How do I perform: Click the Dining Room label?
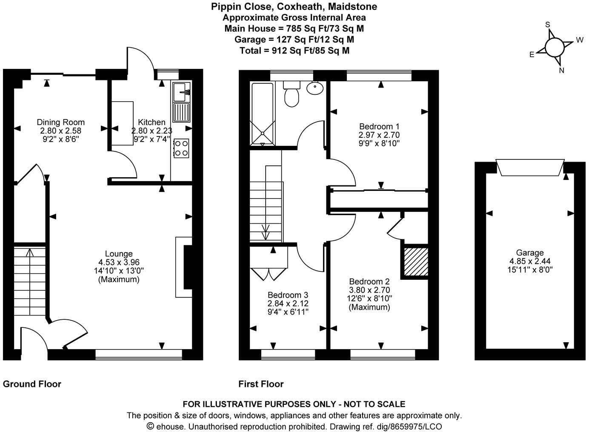point(60,122)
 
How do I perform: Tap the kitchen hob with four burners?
point(181,148)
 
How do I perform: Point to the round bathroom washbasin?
point(315,88)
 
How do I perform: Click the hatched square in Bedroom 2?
point(415,262)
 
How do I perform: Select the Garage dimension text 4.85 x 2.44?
point(530,261)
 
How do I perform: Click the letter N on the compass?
point(561,71)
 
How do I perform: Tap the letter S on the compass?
point(548,25)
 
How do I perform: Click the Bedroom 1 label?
point(379,126)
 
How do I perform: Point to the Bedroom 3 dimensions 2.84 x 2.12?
point(288,304)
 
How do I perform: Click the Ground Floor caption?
point(32,384)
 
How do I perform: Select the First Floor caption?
point(261,384)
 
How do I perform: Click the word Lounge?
point(119,254)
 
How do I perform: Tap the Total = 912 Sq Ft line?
point(294,50)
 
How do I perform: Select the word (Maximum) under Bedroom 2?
point(369,307)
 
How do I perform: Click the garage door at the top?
point(530,167)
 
